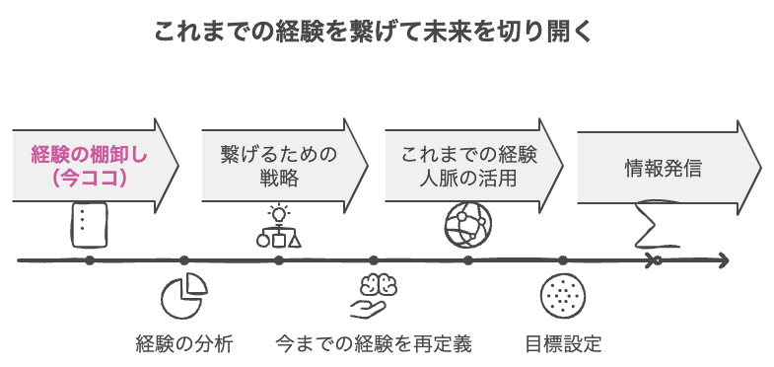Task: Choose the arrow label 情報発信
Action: tap(663, 167)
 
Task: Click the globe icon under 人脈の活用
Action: tap(467, 223)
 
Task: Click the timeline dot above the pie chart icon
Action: tap(183, 260)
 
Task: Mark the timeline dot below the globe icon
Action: tap(467, 260)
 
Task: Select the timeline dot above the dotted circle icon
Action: tap(563, 260)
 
